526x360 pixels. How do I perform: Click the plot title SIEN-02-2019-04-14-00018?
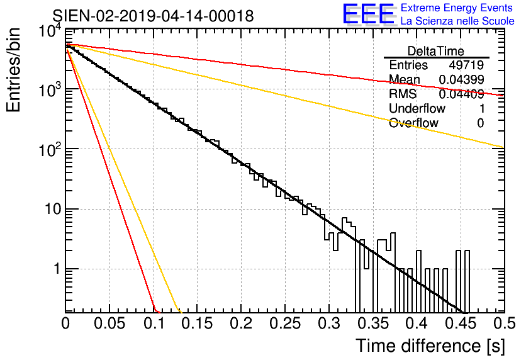(x=153, y=16)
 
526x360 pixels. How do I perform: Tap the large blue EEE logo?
(x=368, y=14)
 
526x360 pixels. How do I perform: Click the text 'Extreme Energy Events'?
(x=457, y=8)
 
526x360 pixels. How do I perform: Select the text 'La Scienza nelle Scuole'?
(x=457, y=21)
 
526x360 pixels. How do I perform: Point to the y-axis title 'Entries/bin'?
(x=13, y=70)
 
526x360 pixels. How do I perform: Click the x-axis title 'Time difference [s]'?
(x=430, y=346)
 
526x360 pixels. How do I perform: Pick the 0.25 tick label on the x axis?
(x=285, y=323)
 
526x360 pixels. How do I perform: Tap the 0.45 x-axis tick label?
(x=461, y=323)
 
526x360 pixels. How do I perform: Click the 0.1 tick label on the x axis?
(x=154, y=323)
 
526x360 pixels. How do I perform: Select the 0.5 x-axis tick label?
(x=505, y=323)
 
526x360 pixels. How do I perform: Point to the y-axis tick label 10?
(x=53, y=210)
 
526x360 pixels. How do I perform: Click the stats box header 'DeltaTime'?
(x=436, y=51)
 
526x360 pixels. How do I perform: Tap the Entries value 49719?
(x=466, y=65)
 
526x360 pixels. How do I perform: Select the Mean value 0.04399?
(x=461, y=79)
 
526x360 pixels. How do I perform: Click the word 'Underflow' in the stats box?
(x=417, y=108)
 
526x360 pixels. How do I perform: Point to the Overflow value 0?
(x=480, y=123)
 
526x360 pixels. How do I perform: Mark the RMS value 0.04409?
(x=461, y=94)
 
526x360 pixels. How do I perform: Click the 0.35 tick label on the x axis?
(x=373, y=323)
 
